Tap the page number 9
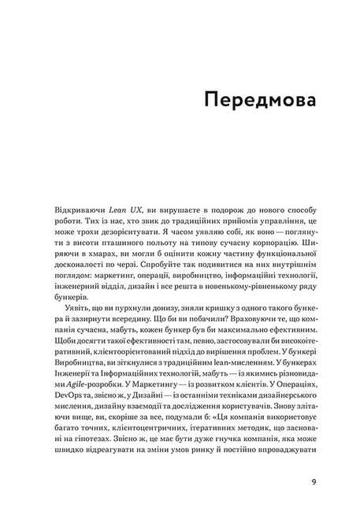pos(313,481)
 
